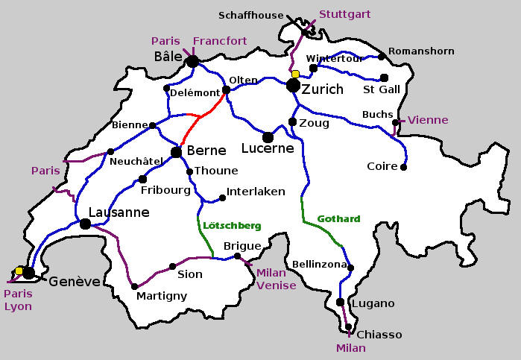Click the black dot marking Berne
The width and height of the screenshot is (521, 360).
click(x=176, y=152)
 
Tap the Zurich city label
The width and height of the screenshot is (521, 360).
click(x=323, y=89)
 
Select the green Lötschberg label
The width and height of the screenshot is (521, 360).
click(x=232, y=225)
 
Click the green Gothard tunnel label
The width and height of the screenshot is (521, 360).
click(x=338, y=219)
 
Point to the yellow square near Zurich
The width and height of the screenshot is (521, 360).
click(x=295, y=74)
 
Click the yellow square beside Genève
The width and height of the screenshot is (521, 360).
click(x=19, y=271)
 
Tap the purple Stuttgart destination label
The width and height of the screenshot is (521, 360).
click(x=344, y=14)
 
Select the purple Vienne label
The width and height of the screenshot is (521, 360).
click(x=429, y=120)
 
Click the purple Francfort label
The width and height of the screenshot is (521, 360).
click(x=220, y=41)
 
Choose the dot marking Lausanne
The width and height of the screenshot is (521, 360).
click(x=85, y=224)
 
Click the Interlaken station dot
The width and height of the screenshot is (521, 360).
click(x=222, y=198)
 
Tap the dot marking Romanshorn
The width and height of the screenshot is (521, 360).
click(x=382, y=56)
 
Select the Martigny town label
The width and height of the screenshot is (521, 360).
click(x=162, y=296)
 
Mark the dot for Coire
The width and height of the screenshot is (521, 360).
click(x=403, y=167)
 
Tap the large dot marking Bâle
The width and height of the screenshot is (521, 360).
click(x=192, y=62)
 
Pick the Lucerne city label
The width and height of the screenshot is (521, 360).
click(x=268, y=149)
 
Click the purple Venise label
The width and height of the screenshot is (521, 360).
click(x=276, y=285)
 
